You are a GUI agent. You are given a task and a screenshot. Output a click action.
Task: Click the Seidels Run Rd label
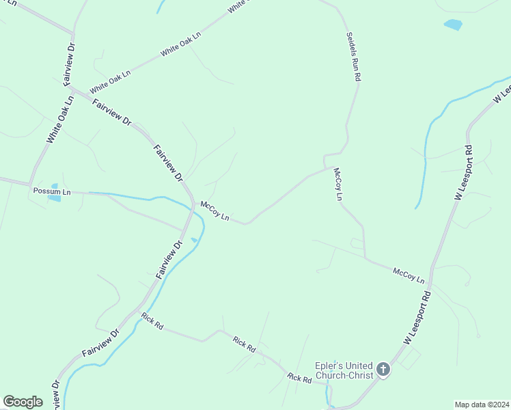(353, 57)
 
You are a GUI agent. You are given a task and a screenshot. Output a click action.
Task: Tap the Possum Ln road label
(52, 192)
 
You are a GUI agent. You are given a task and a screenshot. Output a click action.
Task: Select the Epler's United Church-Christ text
(344, 370)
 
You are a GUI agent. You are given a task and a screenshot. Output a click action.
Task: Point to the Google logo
(23, 402)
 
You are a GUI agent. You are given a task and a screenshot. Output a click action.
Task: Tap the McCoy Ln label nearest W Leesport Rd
(409, 276)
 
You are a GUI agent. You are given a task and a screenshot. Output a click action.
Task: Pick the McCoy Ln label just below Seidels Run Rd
(337, 184)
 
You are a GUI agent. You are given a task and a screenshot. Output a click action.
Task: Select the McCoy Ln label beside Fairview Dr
(214, 209)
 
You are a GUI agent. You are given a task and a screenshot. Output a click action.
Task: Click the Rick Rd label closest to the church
(299, 378)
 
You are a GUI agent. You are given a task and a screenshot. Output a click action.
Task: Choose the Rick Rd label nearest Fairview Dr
(152, 321)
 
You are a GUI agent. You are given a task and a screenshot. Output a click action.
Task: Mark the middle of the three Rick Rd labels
(244, 344)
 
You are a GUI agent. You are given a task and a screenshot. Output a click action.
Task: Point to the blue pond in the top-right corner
(452, 25)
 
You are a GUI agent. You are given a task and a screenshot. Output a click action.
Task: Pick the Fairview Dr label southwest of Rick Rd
(100, 342)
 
